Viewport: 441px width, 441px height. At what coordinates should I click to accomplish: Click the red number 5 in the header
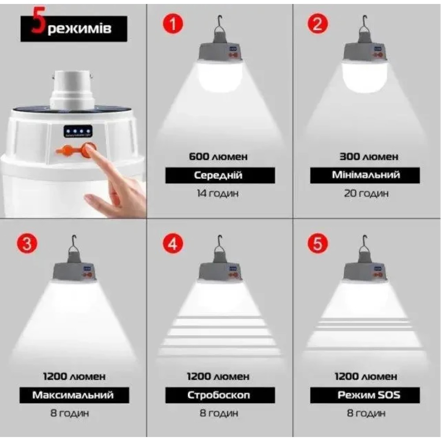[x=37, y=27]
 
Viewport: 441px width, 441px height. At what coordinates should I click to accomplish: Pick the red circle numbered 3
[x=27, y=244]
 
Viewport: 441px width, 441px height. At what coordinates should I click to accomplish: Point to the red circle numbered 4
[x=172, y=244]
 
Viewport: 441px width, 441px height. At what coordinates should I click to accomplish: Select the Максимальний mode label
[x=73, y=395]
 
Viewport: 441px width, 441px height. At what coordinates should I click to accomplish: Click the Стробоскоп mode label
[x=219, y=395]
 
